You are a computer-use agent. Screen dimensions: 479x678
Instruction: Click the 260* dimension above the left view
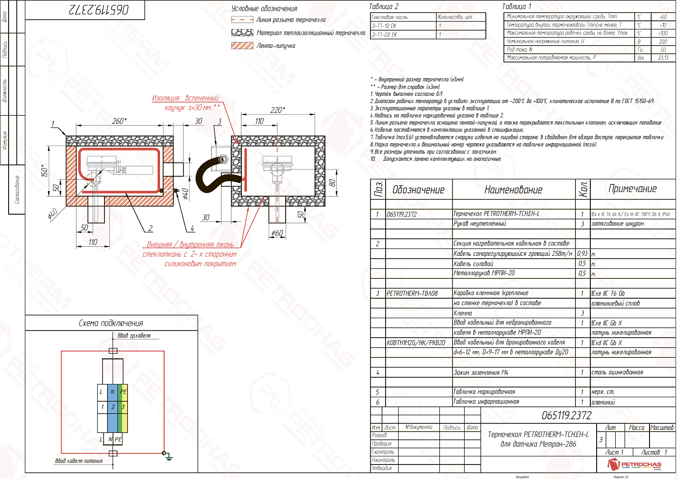click(x=119, y=121)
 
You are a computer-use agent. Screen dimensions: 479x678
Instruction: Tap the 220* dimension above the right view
click(x=278, y=110)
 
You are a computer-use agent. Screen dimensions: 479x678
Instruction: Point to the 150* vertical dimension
click(x=45, y=170)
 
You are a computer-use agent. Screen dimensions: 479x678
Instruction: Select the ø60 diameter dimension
click(x=277, y=233)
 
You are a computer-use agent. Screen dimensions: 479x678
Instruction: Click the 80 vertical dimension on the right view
click(x=333, y=183)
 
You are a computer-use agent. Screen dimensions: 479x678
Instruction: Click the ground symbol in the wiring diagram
click(x=168, y=456)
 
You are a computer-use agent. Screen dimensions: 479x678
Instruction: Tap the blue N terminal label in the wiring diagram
click(x=113, y=392)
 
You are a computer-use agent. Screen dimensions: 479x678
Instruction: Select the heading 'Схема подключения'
click(x=111, y=323)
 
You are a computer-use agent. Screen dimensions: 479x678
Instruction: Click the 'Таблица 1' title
click(x=517, y=6)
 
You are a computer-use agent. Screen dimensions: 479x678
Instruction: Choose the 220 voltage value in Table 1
click(x=663, y=42)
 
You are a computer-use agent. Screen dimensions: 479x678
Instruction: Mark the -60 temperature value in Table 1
click(x=663, y=17)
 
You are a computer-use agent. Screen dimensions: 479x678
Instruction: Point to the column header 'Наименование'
click(x=513, y=190)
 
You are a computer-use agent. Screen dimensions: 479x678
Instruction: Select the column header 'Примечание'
click(x=632, y=189)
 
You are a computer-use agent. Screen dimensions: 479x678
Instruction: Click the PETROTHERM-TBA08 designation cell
click(x=412, y=293)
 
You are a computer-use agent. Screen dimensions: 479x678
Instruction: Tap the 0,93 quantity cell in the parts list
click(x=582, y=254)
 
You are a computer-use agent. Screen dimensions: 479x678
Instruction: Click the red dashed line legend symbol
click(x=242, y=20)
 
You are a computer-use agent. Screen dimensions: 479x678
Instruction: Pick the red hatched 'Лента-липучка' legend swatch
click(x=242, y=46)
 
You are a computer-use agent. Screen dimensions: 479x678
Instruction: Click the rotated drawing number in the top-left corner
click(x=99, y=10)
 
